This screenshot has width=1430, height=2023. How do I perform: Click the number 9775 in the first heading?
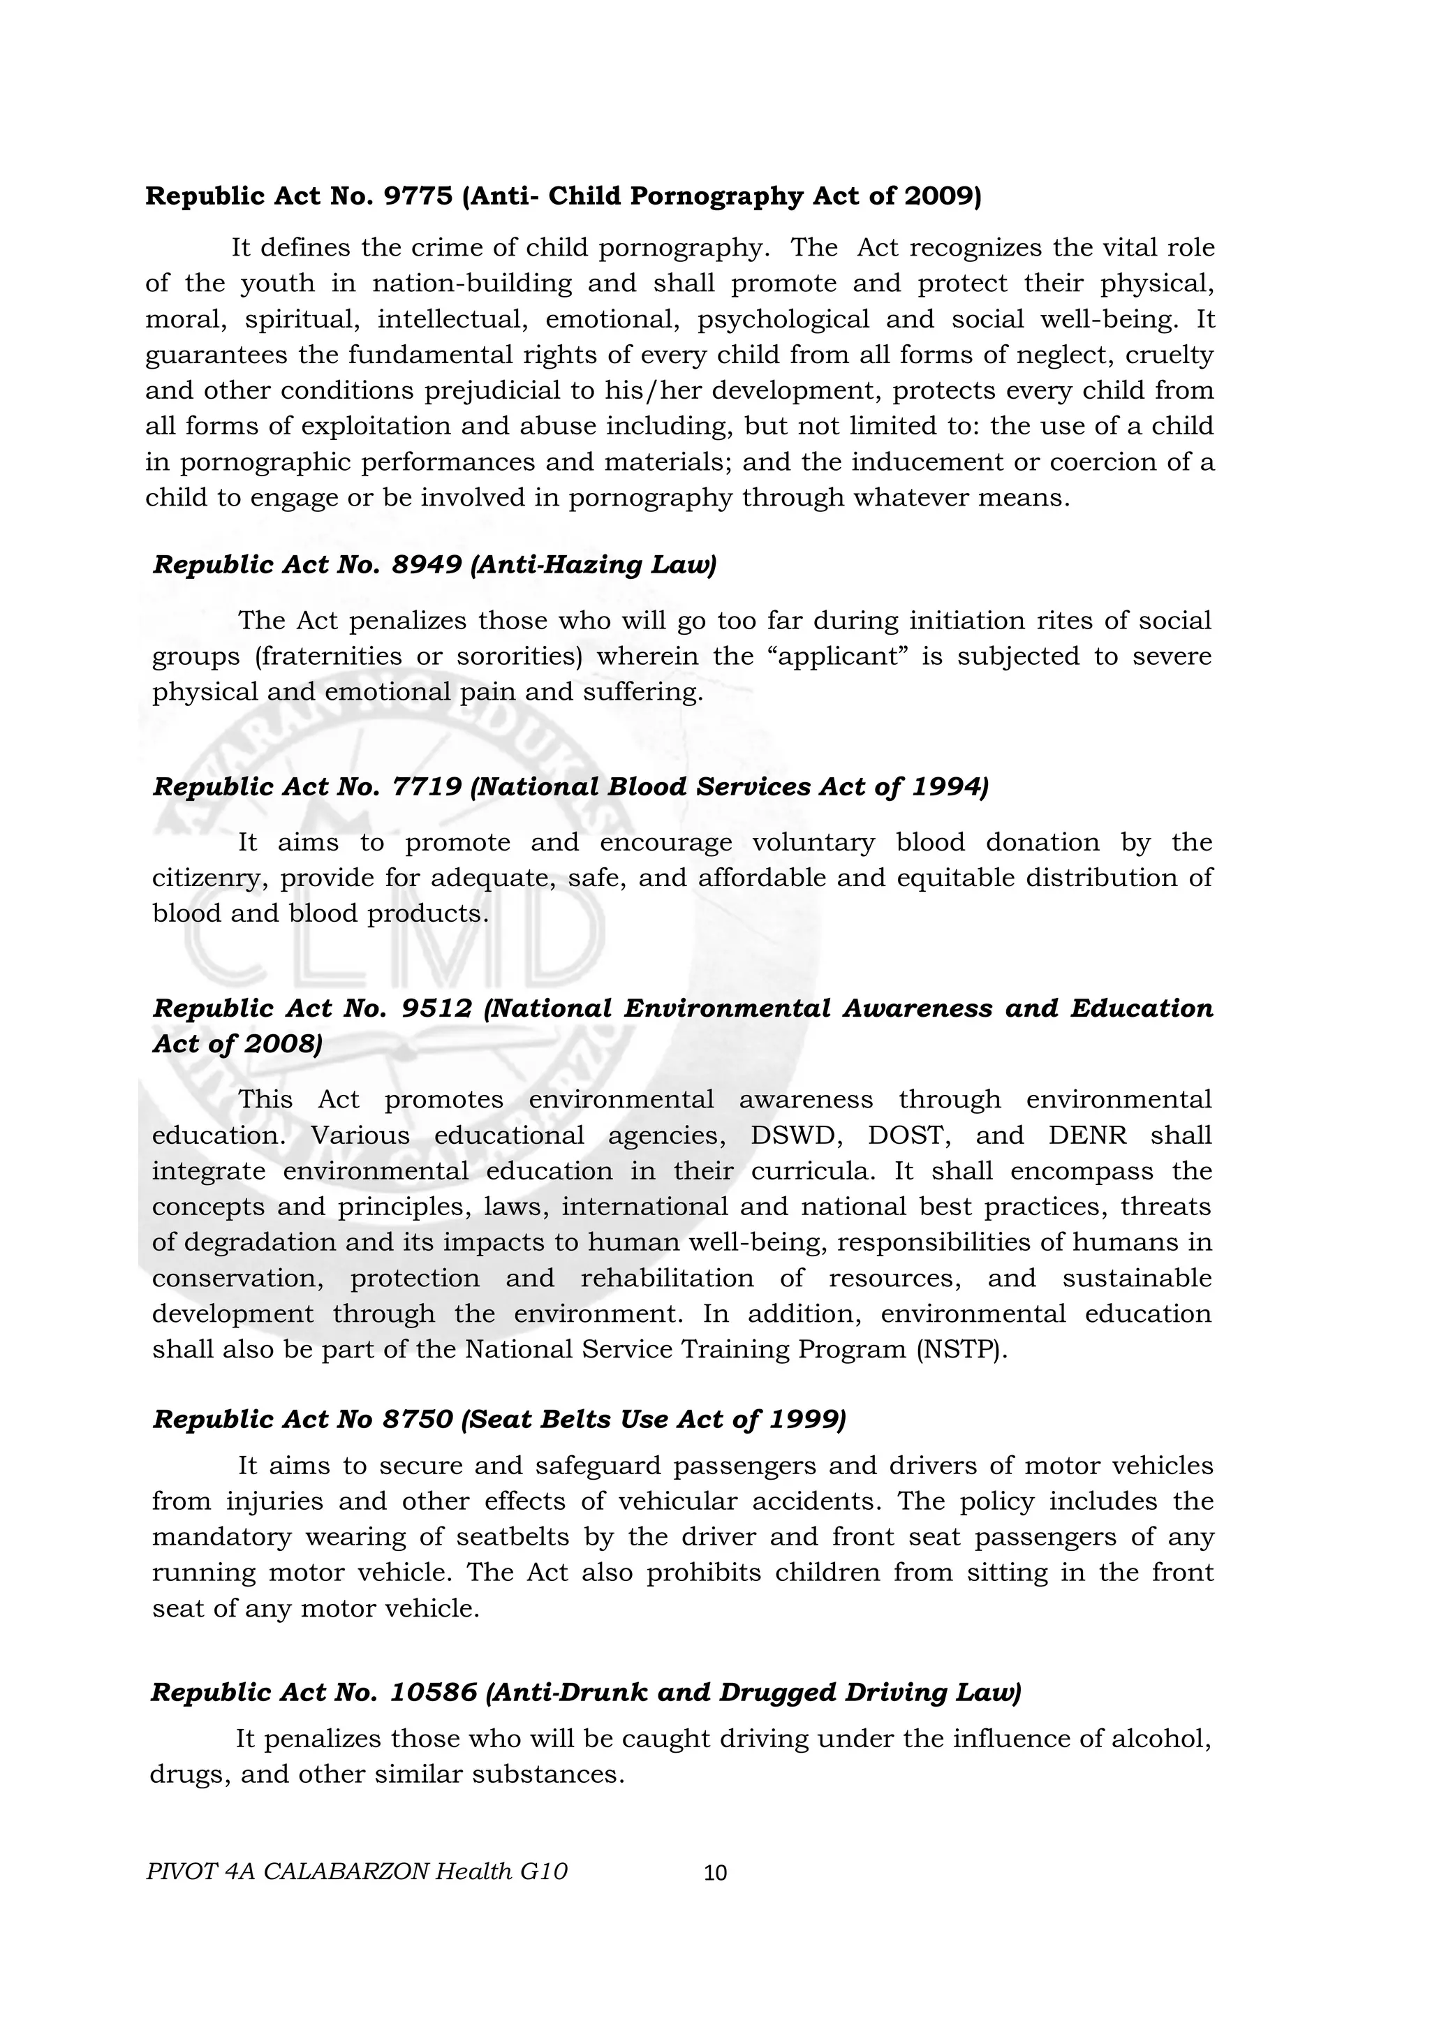pos(418,196)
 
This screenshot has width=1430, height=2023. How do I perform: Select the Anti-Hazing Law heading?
pos(434,565)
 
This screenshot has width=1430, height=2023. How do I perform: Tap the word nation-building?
pos(471,284)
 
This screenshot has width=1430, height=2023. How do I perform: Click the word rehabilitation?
pos(667,1279)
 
